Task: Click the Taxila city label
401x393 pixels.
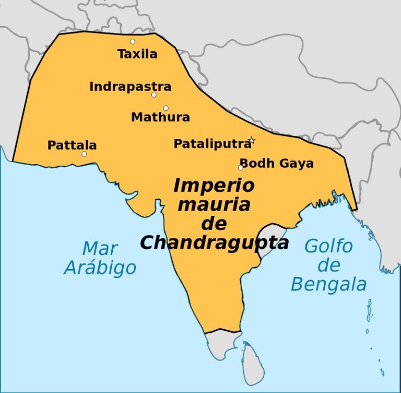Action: coord(137,54)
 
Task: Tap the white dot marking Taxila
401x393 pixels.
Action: coord(133,41)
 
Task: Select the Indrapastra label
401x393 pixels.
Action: coord(130,86)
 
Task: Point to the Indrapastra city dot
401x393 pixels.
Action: coord(154,95)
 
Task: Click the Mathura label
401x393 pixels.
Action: coord(160,117)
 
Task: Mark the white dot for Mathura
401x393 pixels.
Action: coord(166,108)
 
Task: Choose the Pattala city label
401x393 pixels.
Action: coord(72,145)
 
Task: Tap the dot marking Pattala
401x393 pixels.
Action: coord(84,154)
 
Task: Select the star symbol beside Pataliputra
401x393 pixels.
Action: coord(252,140)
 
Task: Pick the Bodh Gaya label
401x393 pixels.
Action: coord(277,163)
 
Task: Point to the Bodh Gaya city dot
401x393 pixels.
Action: coord(241,168)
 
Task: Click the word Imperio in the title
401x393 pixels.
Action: coord(214,186)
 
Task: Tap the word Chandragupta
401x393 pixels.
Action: coord(214,242)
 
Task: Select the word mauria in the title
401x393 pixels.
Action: coord(214,204)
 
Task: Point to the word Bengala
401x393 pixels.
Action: coord(328,285)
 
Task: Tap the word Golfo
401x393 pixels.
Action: coord(328,246)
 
